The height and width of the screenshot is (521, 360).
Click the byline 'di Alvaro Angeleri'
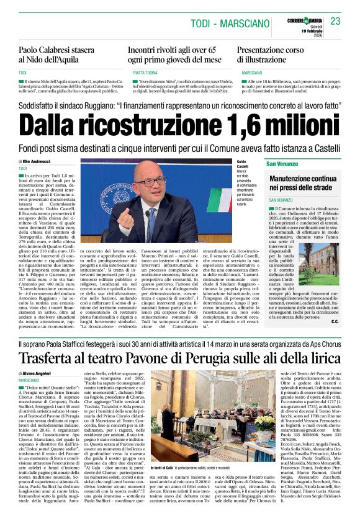click(x=38, y=373)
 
